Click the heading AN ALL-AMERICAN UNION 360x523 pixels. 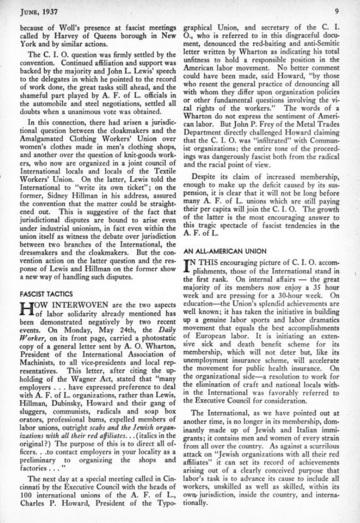tap(218, 250)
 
